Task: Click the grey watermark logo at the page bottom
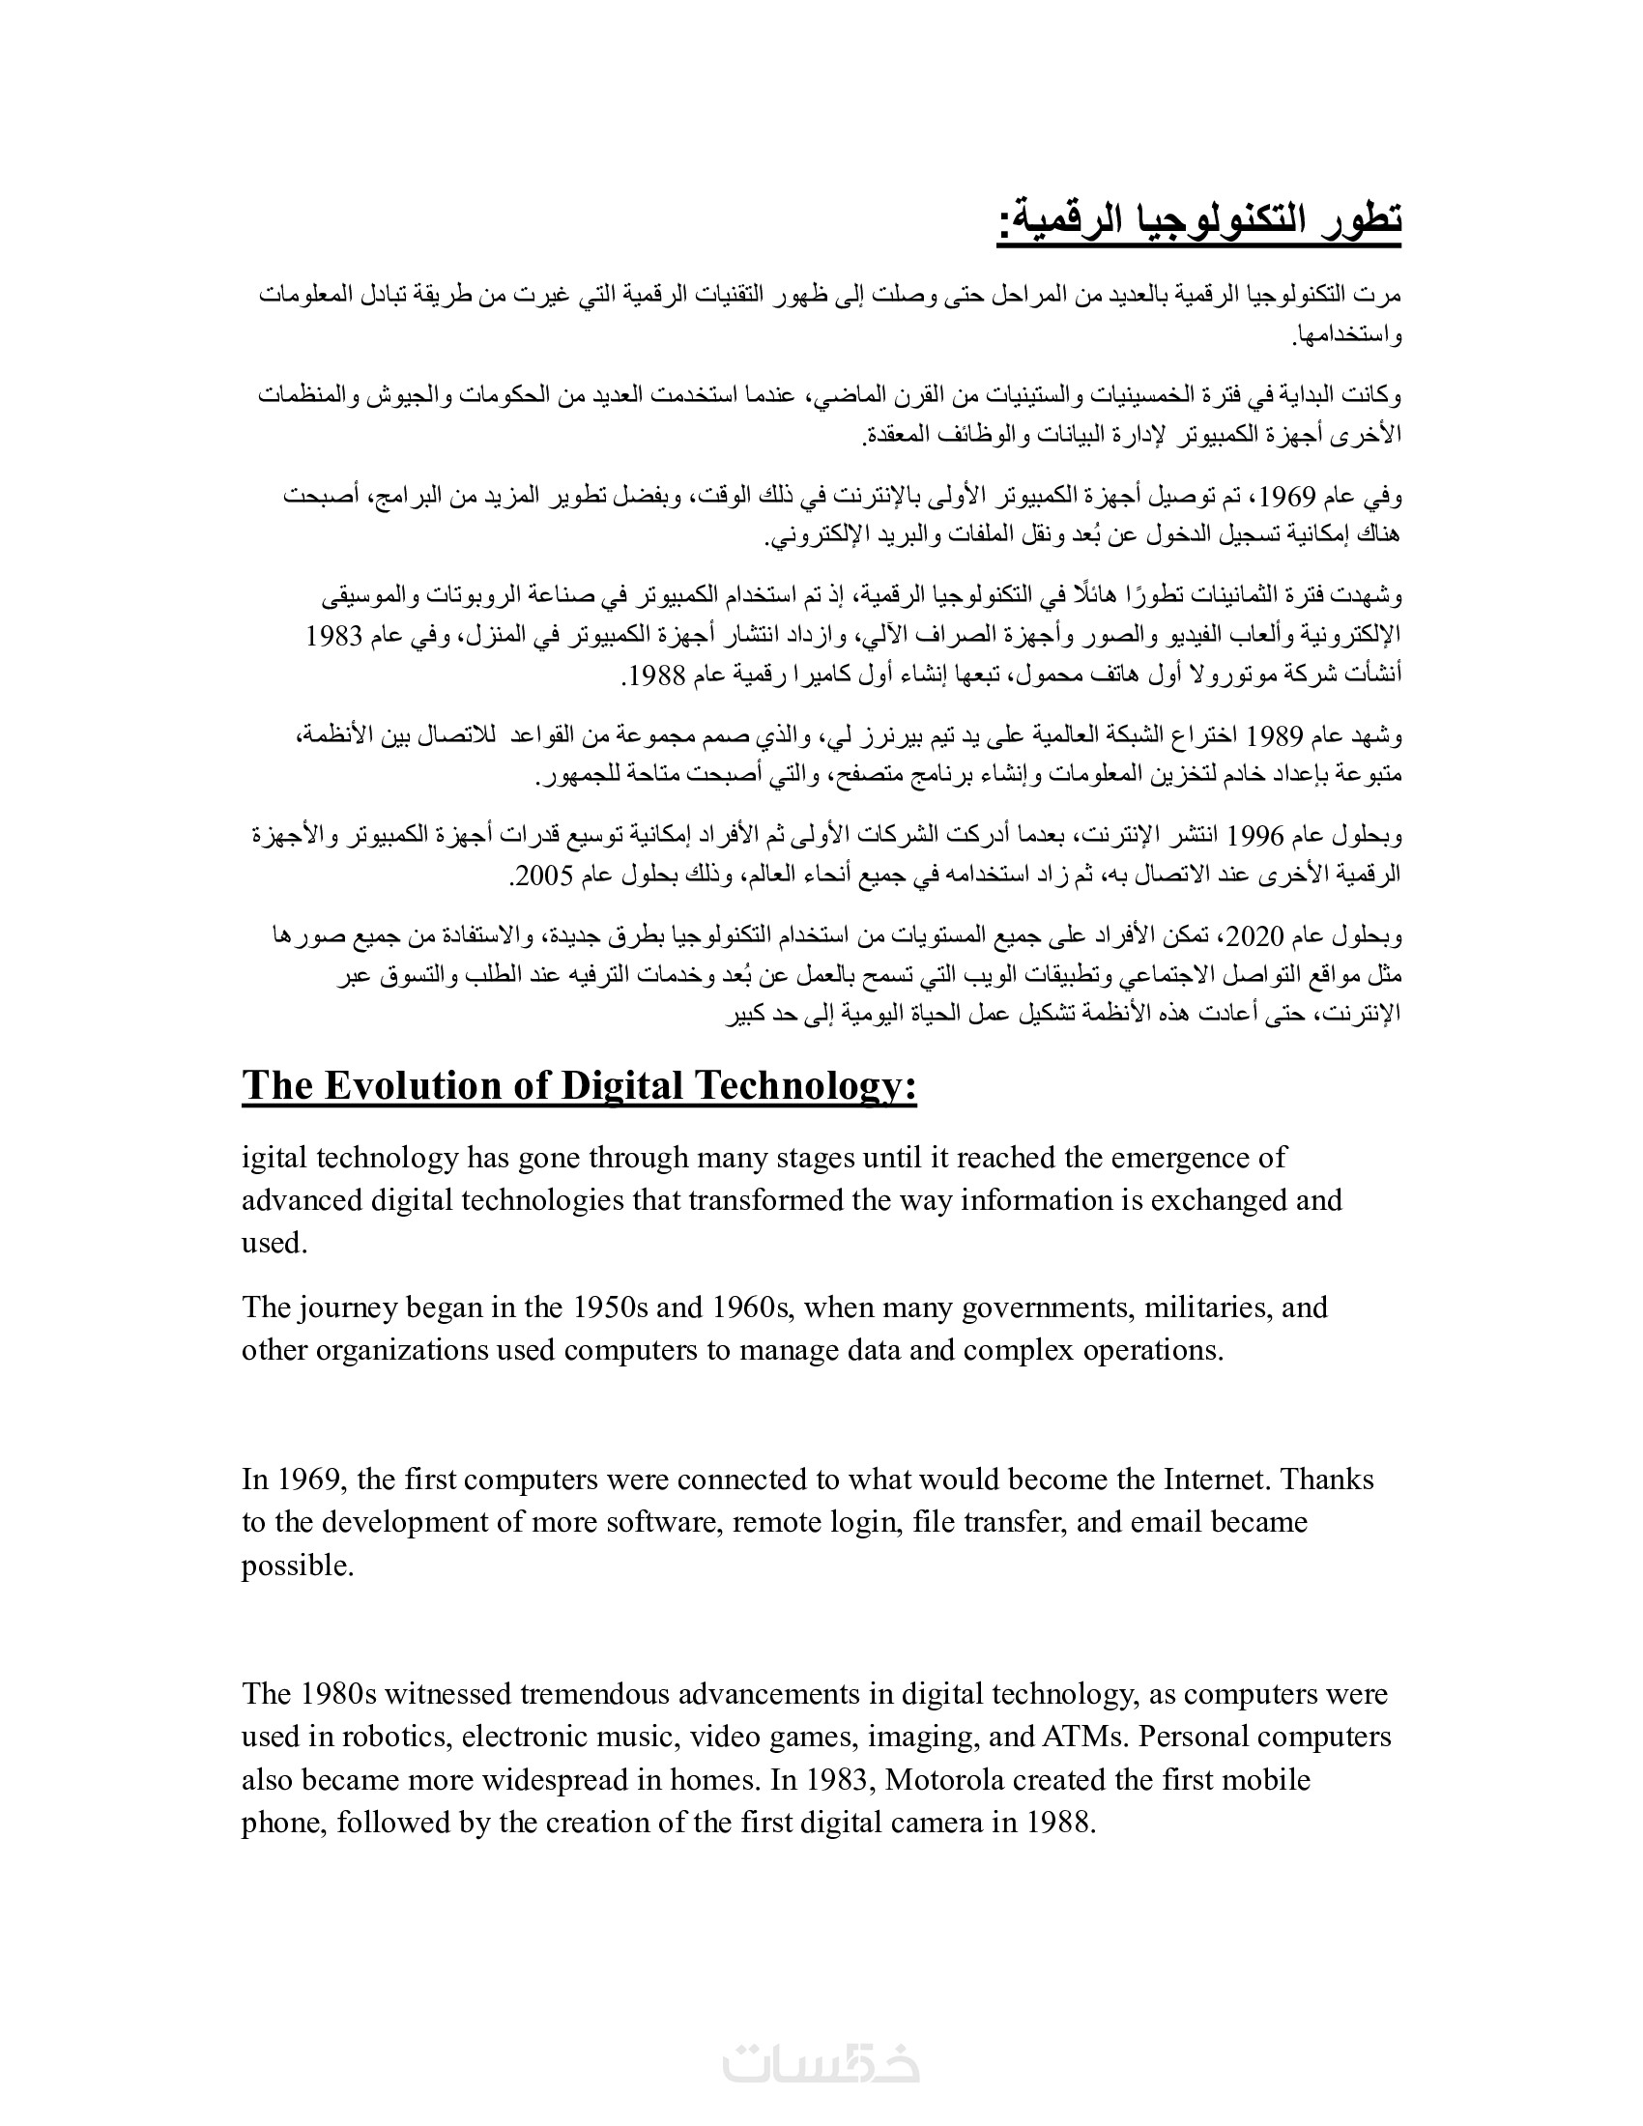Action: [x=821, y=2065]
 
